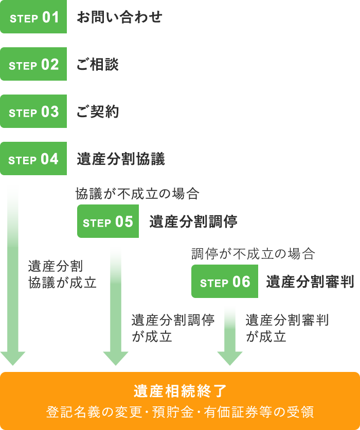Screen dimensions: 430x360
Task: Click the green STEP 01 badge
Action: [x=33, y=17]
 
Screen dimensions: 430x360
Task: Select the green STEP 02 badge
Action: [x=33, y=65]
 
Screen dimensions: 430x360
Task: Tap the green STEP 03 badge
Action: [x=33, y=112]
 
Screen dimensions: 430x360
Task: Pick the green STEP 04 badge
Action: [x=33, y=159]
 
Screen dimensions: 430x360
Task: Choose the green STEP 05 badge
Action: [x=108, y=222]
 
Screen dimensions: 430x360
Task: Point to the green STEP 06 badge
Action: [x=225, y=282]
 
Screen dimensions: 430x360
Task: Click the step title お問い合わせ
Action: [x=119, y=17]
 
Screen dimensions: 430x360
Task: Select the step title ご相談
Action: [x=98, y=65]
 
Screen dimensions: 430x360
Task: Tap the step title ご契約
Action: [x=98, y=112]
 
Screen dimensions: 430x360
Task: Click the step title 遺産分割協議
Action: [x=121, y=159]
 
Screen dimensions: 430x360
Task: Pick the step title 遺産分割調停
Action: [x=193, y=222]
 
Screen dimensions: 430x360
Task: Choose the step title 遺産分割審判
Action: [x=310, y=282]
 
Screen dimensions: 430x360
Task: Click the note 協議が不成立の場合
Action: [x=137, y=194]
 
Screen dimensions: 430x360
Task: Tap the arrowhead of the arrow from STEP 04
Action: [x=13, y=358]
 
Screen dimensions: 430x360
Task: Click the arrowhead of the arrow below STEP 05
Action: [x=116, y=358]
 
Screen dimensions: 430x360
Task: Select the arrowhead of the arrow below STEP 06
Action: [x=230, y=358]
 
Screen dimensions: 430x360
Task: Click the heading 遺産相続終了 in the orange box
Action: [x=180, y=391]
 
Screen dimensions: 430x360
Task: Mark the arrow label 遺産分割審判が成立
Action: [x=287, y=328]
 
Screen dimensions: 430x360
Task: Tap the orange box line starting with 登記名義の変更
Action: [x=180, y=412]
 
